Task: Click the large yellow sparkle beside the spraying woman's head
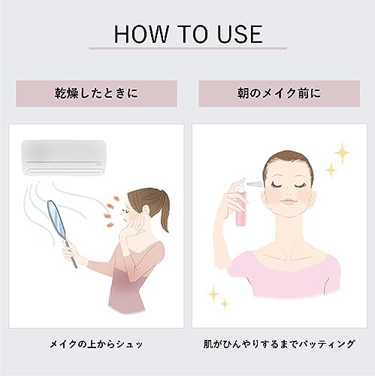point(343,154)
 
